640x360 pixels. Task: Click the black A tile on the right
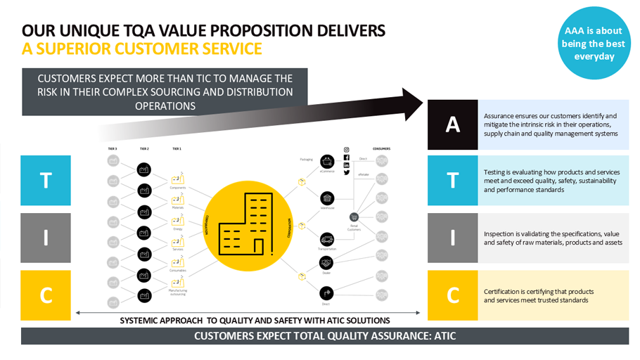pyautogui.click(x=453, y=124)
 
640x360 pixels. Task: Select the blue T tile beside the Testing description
pyautogui.click(x=453, y=180)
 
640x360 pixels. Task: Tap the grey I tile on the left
pyautogui.click(x=46, y=238)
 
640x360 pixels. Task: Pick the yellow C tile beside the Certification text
pyautogui.click(x=453, y=293)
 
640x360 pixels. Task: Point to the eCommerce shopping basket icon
pyautogui.click(x=327, y=162)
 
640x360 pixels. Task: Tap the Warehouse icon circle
pyautogui.click(x=327, y=199)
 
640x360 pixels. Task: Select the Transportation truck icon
pyautogui.click(x=327, y=240)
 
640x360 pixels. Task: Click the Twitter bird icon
pyautogui.click(x=347, y=172)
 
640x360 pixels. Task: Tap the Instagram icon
pyautogui.click(x=347, y=150)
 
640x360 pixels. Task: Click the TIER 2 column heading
pyautogui.click(x=144, y=149)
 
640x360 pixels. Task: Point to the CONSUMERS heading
pyautogui.click(x=382, y=149)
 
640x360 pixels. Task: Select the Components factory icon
pyautogui.click(x=177, y=180)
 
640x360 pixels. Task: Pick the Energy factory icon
pyautogui.click(x=177, y=219)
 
